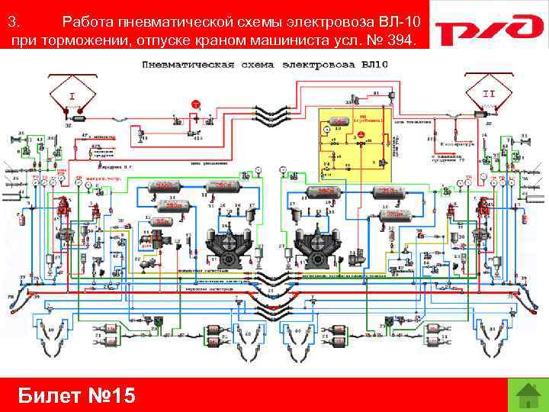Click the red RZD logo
(x=487, y=33)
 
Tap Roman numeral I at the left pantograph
(x=72, y=97)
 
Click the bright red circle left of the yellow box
(x=195, y=103)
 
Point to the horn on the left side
(x=14, y=139)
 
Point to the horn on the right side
(x=524, y=139)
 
